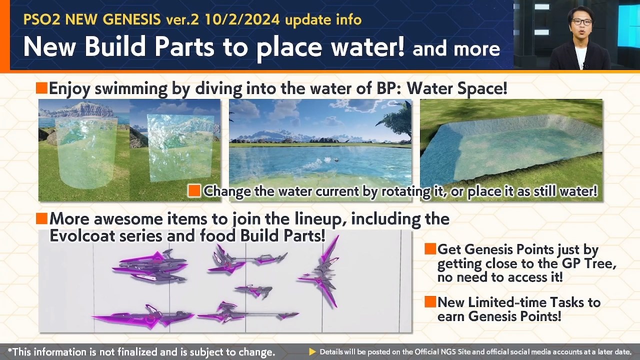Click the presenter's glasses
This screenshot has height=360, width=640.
pos(581,22)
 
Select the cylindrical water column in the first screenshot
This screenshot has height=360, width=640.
pos(86,153)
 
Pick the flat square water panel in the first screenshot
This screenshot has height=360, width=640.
pos(180,148)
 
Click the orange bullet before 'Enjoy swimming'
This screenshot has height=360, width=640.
pos(41,88)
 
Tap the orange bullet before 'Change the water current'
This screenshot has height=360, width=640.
pos(194,191)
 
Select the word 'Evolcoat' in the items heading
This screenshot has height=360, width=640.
pos(82,236)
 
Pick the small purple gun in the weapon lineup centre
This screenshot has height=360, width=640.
pos(253,291)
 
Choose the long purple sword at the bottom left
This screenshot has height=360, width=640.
pos(143,316)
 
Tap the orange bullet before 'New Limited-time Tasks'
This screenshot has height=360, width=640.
pos(430,301)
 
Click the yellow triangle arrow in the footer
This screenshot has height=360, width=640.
pos(312,351)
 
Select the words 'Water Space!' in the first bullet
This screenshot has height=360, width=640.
pos(457,88)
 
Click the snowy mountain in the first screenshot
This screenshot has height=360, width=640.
pos(83,109)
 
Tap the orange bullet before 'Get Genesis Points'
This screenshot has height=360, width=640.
pos(430,249)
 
